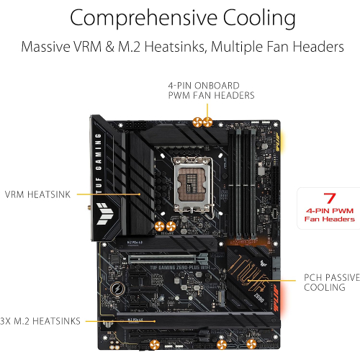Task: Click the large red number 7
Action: (x=330, y=197)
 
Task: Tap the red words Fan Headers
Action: (x=330, y=218)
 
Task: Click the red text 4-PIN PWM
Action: (x=330, y=210)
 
